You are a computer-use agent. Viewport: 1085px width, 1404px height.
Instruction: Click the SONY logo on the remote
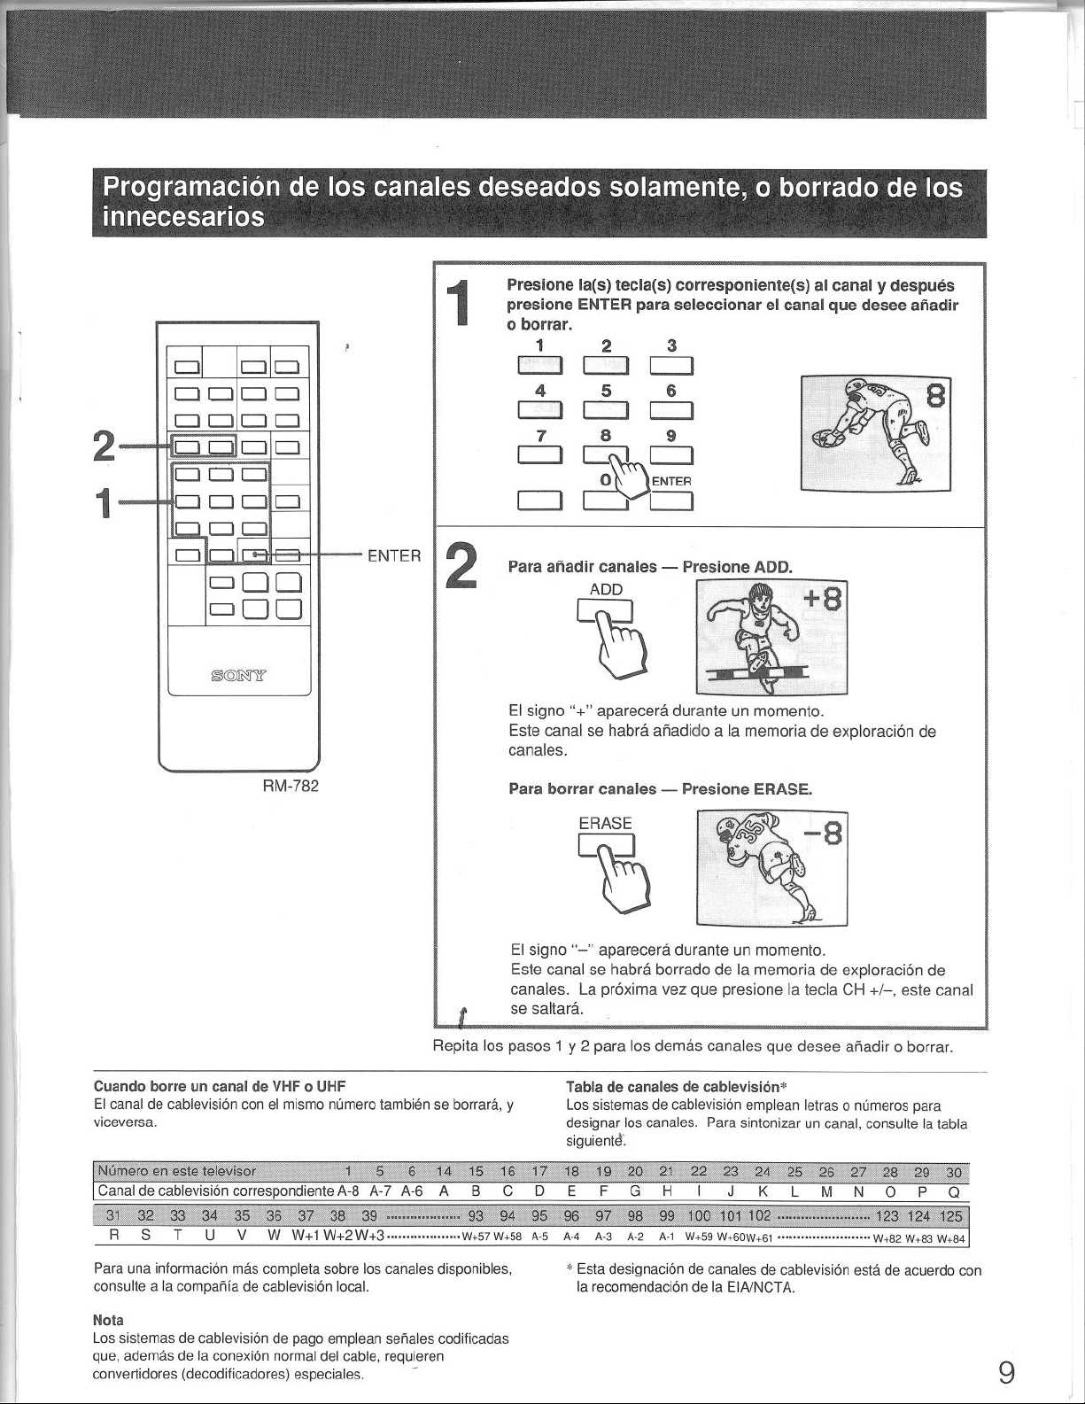point(239,677)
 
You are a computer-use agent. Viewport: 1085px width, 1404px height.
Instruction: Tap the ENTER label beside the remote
point(394,555)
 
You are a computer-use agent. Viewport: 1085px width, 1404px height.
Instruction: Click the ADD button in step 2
point(605,610)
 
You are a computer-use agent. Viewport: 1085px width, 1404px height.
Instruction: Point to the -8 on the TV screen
point(824,837)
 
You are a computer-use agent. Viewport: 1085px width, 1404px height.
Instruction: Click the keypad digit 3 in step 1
point(671,345)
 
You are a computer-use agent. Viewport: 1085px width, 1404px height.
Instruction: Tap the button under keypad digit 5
point(606,411)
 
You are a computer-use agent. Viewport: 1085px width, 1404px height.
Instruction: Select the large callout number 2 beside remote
point(104,446)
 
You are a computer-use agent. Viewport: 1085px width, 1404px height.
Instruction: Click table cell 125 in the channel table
point(950,1216)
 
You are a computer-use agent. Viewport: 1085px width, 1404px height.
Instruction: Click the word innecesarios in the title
point(183,216)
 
